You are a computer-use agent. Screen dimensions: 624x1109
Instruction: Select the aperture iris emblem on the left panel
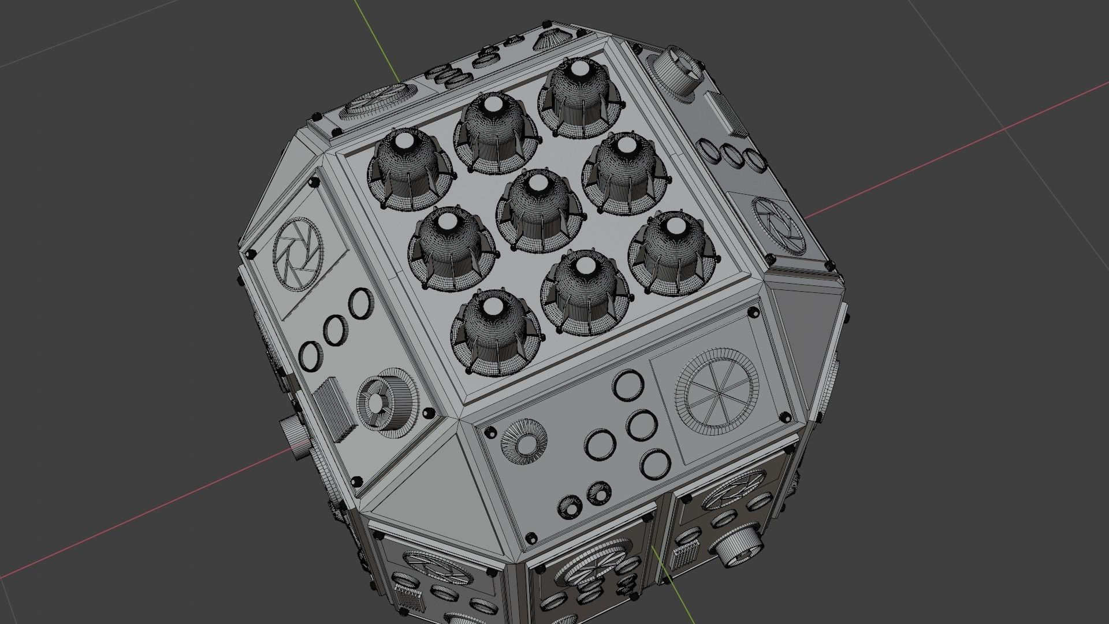tap(296, 255)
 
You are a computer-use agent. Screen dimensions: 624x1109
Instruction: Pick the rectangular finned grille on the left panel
tap(334, 408)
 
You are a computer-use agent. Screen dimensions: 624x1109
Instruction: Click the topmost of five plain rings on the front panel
tap(627, 384)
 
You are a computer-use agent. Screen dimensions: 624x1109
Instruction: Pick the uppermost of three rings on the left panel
tap(360, 302)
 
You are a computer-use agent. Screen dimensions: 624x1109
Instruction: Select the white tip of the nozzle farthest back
tap(578, 72)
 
